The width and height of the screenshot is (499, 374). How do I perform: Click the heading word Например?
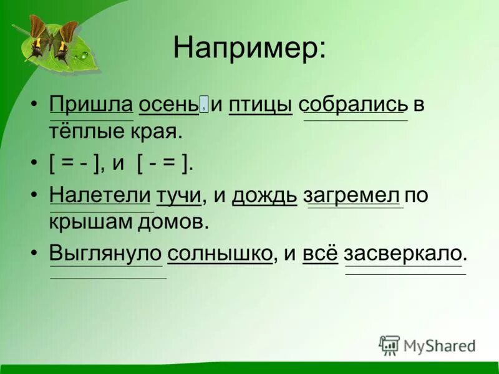pyautogui.click(x=249, y=48)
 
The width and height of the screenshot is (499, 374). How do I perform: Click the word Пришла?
pyautogui.click(x=91, y=104)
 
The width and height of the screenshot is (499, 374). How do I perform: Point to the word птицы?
pyautogui.click(x=261, y=105)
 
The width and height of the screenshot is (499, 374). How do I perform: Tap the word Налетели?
pyautogui.click(x=100, y=194)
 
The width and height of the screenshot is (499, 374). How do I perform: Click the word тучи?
pyautogui.click(x=179, y=194)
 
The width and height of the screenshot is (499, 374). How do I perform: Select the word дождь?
pyautogui.click(x=264, y=194)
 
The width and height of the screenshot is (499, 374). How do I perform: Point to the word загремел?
pyautogui.click(x=352, y=194)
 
